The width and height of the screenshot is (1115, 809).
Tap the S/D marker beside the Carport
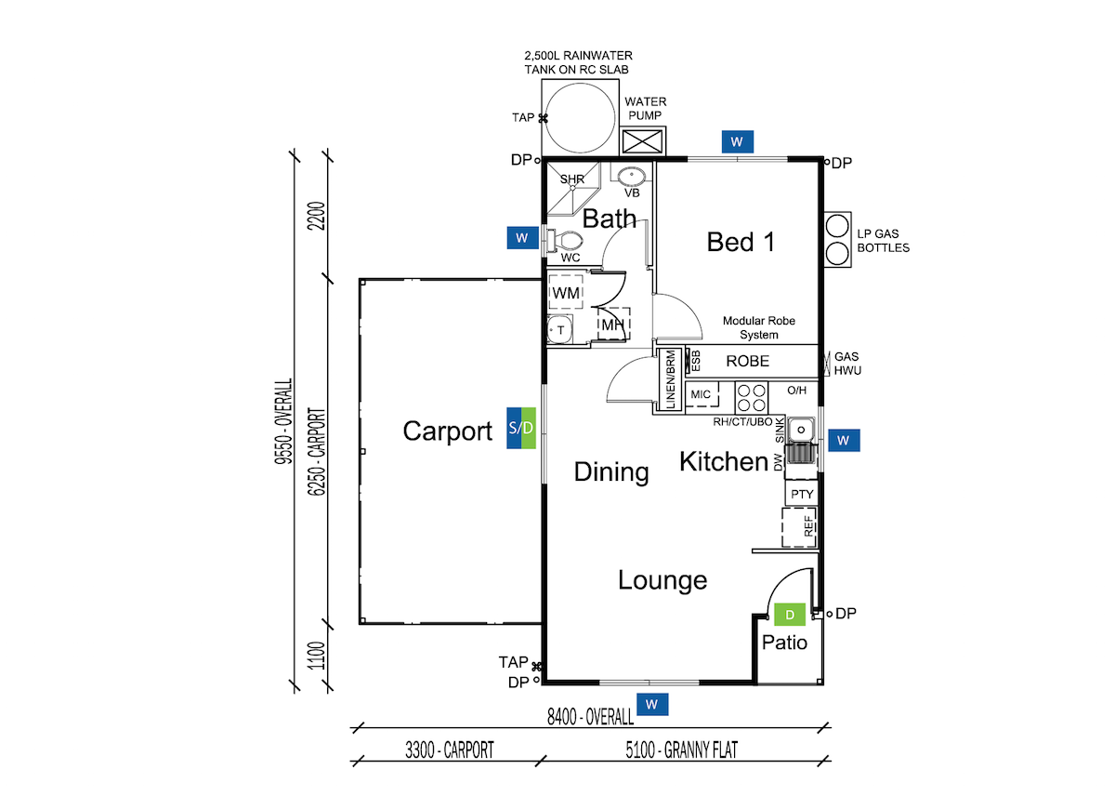click(x=521, y=428)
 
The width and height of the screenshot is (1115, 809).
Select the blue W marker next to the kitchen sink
click(x=844, y=440)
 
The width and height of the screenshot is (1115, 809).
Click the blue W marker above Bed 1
click(x=737, y=141)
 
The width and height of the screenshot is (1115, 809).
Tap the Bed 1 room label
click(x=741, y=242)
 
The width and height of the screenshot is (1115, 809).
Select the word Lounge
click(x=662, y=580)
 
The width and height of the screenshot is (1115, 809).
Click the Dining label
click(x=610, y=471)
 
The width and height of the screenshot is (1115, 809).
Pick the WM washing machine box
click(x=566, y=293)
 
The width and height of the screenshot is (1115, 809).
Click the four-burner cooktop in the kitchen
click(x=752, y=398)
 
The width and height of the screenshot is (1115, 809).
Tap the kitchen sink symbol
click(x=799, y=431)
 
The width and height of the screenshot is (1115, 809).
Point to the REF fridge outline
click(x=800, y=527)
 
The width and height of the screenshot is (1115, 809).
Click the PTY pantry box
click(x=801, y=493)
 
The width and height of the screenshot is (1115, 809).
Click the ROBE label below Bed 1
click(x=747, y=361)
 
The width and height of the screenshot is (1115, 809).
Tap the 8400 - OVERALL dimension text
click(x=589, y=717)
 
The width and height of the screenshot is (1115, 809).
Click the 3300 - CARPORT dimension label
click(x=449, y=749)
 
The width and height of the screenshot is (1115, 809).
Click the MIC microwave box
click(x=701, y=394)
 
